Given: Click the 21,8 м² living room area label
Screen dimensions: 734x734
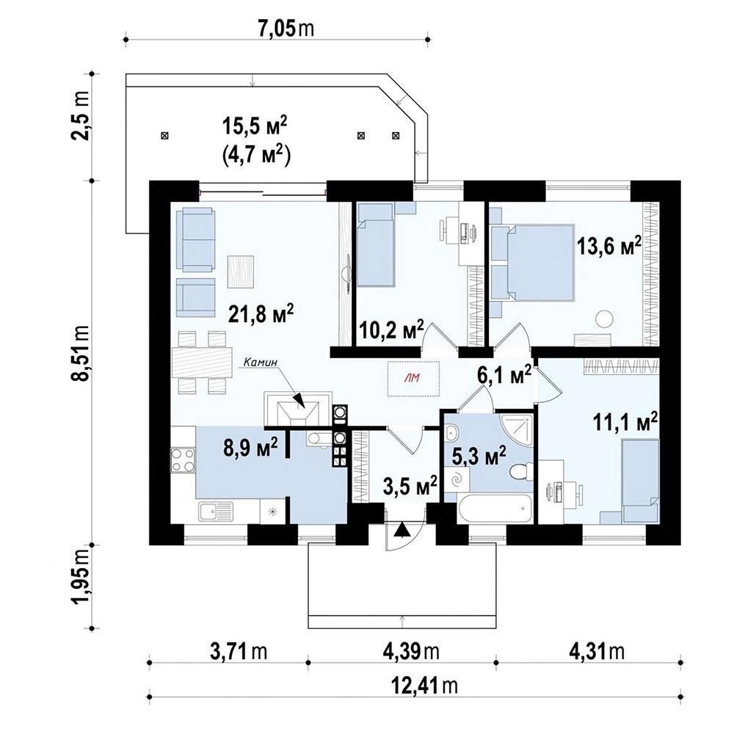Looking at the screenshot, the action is click(x=261, y=313).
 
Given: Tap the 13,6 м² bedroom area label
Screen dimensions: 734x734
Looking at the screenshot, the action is click(x=608, y=246).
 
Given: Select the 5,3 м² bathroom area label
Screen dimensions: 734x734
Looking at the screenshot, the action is click(x=479, y=455).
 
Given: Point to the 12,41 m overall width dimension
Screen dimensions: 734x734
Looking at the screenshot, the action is click(x=424, y=686).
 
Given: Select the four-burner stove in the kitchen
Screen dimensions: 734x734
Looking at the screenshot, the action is click(x=183, y=459).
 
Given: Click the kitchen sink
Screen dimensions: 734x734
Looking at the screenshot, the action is click(x=216, y=511).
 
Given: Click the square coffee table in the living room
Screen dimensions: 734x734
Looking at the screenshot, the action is click(x=241, y=272).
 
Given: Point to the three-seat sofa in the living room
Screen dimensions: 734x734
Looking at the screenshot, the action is click(x=196, y=240).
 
